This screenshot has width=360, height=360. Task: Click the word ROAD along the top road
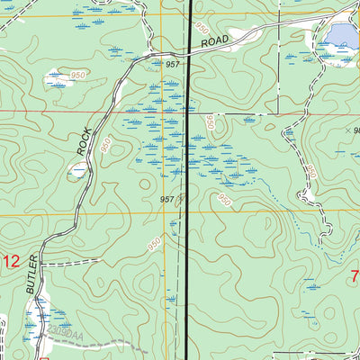(x=216, y=42)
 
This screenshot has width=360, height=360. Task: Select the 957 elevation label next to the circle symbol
(x=166, y=199)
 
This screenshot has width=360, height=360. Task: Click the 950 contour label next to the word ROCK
(x=105, y=145)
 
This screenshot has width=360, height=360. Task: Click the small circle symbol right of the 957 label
(x=182, y=198)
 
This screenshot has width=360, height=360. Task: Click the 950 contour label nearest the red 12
(x=154, y=244)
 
